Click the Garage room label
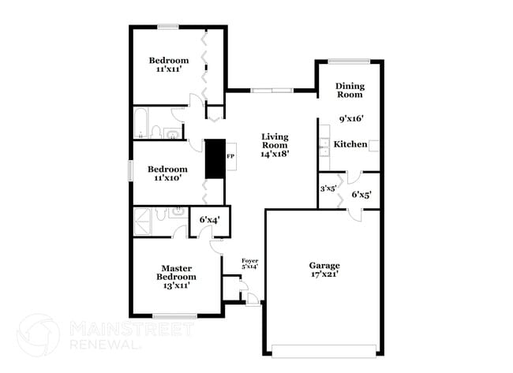(324, 265)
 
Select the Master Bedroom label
(179, 273)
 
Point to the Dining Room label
(350, 90)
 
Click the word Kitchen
(350, 144)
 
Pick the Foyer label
(249, 259)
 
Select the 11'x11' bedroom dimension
(169, 69)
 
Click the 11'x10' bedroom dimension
(168, 178)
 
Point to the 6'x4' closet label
(209, 219)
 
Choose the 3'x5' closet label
(328, 188)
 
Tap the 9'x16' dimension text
(350, 120)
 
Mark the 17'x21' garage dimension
(324, 274)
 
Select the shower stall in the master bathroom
(144, 218)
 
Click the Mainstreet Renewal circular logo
(37, 334)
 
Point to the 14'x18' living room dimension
(275, 155)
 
